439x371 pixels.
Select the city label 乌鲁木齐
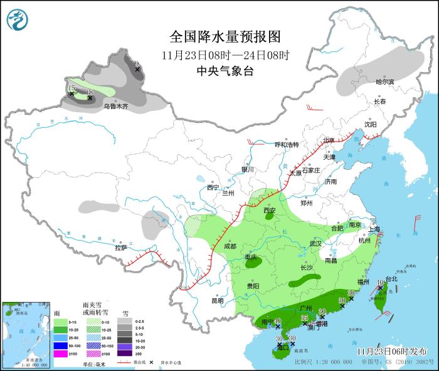tap(115, 107)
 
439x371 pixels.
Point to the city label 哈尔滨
tap(384, 82)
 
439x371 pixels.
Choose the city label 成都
tap(231, 246)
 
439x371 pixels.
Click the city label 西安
tap(269, 211)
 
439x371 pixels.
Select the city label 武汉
tap(315, 243)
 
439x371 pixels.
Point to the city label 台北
tap(391, 279)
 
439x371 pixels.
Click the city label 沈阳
tap(371, 125)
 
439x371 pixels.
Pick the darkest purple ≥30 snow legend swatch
tap(124, 354)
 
